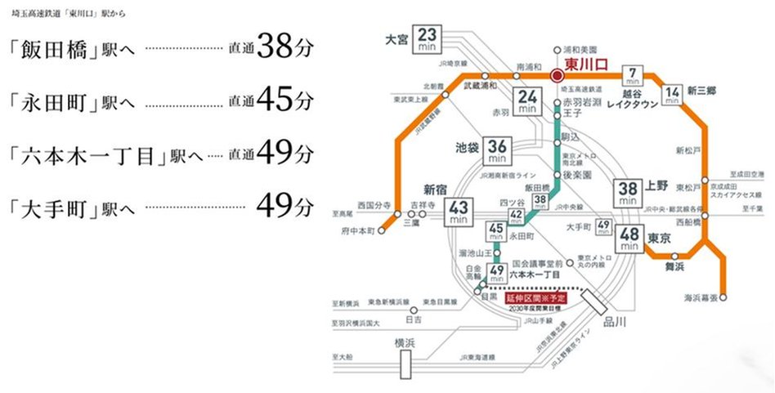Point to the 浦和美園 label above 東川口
pyautogui.click(x=580, y=49)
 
